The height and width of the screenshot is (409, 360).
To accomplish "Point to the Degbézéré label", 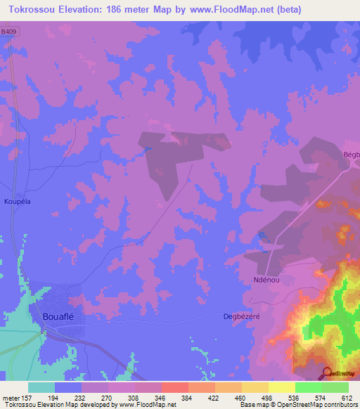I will coord(241,316).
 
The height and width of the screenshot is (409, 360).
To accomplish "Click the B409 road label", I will coord(9,32).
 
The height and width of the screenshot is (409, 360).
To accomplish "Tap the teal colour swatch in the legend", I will coord(41,387).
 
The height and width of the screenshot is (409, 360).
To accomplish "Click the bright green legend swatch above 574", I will coord(308,387).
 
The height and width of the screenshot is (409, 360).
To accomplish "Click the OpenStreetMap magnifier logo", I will coord(326,373).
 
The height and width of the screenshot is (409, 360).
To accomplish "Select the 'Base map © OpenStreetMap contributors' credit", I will coord(298,405).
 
